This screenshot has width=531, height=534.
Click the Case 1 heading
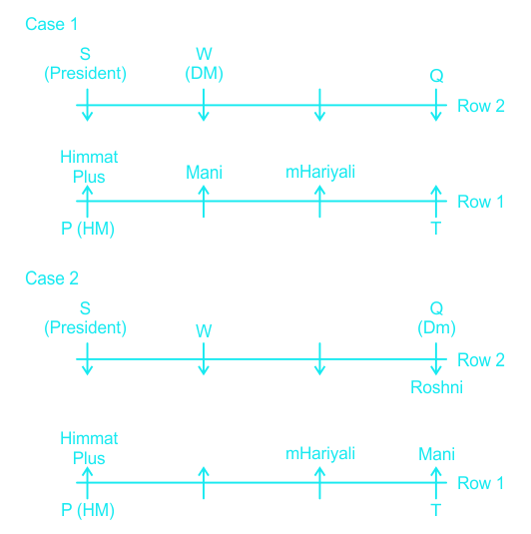coord(52,24)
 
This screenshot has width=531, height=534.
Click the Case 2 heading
coord(52,278)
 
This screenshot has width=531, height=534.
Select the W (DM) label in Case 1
coord(204,64)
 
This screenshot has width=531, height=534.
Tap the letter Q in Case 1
coord(436,76)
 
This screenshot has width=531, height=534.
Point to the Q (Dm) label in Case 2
coord(436,318)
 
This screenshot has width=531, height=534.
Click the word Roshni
coord(436,387)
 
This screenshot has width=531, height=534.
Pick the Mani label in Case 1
coord(204,173)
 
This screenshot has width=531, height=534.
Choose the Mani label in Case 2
coord(436,454)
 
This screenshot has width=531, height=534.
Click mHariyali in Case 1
coord(320,172)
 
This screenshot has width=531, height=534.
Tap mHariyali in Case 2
coord(320,453)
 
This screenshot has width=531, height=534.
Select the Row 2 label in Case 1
coord(480,106)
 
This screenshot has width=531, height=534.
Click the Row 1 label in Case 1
coord(480,202)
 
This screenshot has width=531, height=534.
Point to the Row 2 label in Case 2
coord(480,360)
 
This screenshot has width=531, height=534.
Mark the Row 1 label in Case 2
coord(480,483)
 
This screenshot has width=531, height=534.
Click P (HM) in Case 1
coord(88,229)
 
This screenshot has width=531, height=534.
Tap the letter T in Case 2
coord(436,510)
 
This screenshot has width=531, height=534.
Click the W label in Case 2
coord(204,330)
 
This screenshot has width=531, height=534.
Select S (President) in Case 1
coord(85,64)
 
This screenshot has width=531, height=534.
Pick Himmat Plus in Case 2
coord(89,448)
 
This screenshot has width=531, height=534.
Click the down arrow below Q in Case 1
coord(436,105)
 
